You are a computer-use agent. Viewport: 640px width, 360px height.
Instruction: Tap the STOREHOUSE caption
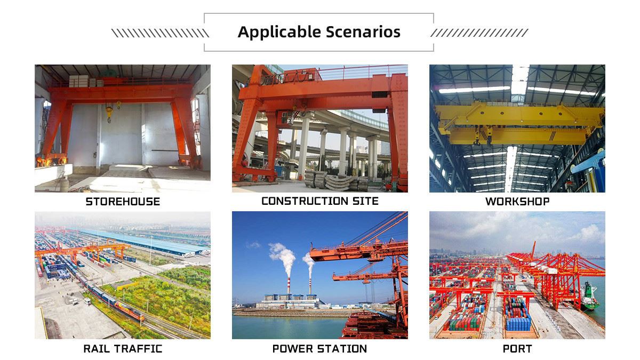tap(123, 202)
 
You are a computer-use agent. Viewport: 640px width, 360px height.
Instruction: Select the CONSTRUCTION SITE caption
tap(319, 201)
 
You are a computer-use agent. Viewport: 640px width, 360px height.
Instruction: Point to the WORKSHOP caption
tap(517, 202)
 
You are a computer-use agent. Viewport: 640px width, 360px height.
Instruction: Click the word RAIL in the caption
tap(98, 349)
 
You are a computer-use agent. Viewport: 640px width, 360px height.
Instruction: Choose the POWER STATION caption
tap(319, 349)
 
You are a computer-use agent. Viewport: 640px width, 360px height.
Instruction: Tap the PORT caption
tap(517, 349)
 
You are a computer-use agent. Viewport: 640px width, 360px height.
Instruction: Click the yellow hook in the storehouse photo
tap(109, 113)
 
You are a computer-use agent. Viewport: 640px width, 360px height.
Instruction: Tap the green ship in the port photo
tap(590, 297)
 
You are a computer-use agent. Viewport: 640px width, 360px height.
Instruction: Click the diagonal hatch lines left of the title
tap(160, 33)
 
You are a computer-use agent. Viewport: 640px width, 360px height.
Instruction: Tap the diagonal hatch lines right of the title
tap(479, 33)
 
